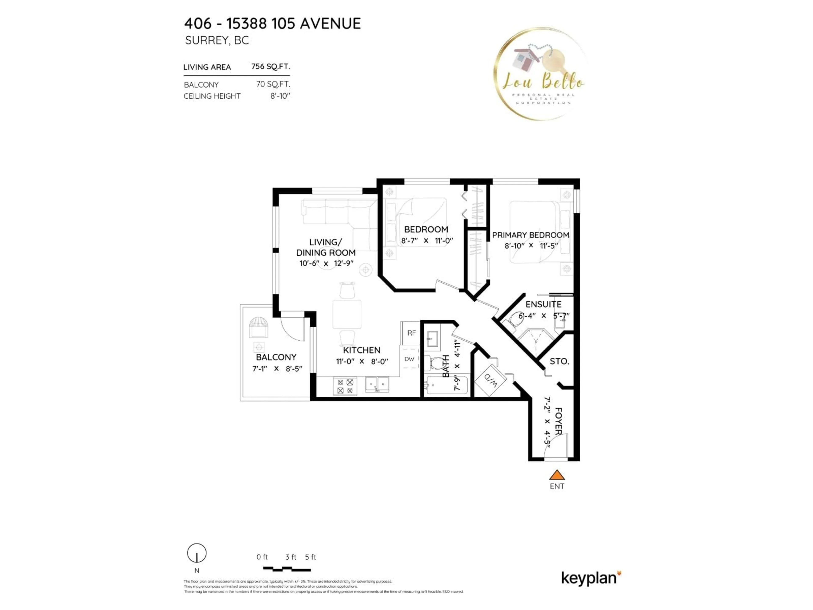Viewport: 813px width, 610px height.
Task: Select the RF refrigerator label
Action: (x=411, y=333)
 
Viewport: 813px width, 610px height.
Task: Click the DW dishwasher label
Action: (x=409, y=359)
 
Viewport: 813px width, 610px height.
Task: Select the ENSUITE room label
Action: (x=543, y=304)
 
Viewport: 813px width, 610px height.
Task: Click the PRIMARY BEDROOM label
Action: (x=530, y=235)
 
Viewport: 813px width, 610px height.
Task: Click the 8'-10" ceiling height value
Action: (x=280, y=96)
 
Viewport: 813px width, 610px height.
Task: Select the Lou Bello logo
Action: (x=540, y=73)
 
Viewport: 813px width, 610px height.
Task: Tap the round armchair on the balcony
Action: (x=258, y=327)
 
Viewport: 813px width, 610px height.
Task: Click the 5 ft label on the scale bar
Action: (x=310, y=557)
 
